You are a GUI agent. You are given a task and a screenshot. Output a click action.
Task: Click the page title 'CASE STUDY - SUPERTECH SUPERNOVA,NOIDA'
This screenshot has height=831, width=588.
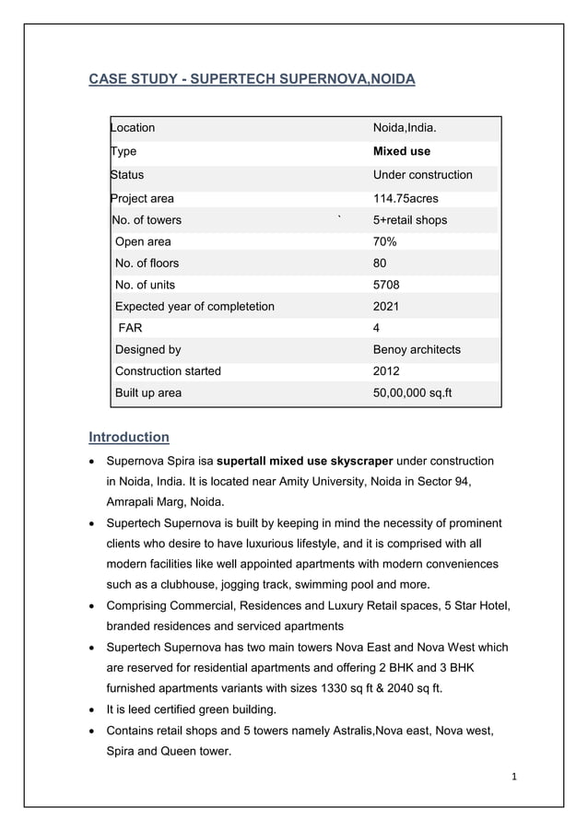pyautogui.click(x=251, y=80)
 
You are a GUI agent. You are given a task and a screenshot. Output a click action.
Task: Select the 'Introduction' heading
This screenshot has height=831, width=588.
pyautogui.click(x=128, y=437)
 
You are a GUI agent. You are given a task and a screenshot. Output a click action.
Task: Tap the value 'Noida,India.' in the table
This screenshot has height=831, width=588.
pyautogui.click(x=405, y=128)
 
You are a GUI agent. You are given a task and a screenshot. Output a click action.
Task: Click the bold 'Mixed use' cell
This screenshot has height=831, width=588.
pyautogui.click(x=401, y=151)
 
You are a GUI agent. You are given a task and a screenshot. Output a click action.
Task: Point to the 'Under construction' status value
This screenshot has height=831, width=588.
pyautogui.click(x=422, y=175)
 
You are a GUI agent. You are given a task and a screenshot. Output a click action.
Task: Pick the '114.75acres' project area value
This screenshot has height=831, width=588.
pyautogui.click(x=406, y=199)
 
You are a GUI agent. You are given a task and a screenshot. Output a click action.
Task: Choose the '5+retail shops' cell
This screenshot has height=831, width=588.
pyautogui.click(x=409, y=220)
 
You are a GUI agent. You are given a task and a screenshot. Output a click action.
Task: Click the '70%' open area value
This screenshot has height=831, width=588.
pyautogui.click(x=384, y=242)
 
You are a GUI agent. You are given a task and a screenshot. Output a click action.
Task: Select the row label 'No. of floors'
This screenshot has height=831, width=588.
pyautogui.click(x=147, y=263)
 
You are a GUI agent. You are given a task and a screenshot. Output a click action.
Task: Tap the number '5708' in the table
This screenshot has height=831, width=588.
pyautogui.click(x=386, y=285)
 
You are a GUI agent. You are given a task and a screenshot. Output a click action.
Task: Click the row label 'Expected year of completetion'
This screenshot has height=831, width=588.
pyautogui.click(x=194, y=307)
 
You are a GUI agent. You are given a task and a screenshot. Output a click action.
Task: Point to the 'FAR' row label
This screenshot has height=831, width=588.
pyautogui.click(x=130, y=328)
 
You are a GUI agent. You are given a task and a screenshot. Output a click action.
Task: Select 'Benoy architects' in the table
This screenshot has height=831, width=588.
pyautogui.click(x=417, y=350)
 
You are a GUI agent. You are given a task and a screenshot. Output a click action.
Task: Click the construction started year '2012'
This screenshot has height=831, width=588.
pyautogui.click(x=386, y=371)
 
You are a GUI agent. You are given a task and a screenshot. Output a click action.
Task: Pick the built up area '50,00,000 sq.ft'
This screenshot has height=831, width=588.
pyautogui.click(x=414, y=393)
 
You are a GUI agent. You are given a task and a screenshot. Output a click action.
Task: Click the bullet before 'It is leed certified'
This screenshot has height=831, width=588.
pyautogui.click(x=92, y=710)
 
